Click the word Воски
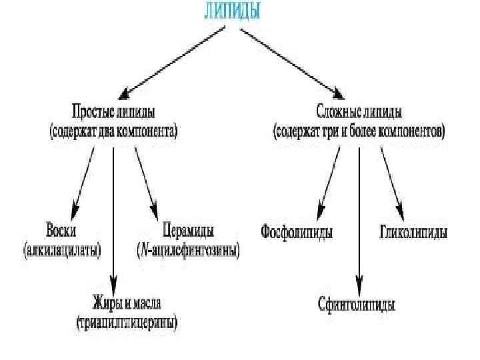point(61,231)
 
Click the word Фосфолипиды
point(297,233)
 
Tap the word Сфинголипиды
point(356,306)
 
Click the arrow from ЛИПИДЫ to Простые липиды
point(177,61)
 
